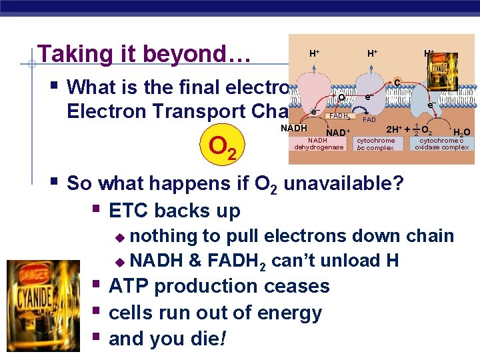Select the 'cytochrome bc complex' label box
coord(376,144)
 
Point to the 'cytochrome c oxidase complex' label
coord(441,144)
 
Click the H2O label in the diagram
coord(461,132)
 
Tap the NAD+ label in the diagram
coord(339,132)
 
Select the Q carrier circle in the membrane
coord(341,97)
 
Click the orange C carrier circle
coord(397,83)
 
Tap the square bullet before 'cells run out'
coord(99,312)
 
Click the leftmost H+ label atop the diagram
coord(313,52)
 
